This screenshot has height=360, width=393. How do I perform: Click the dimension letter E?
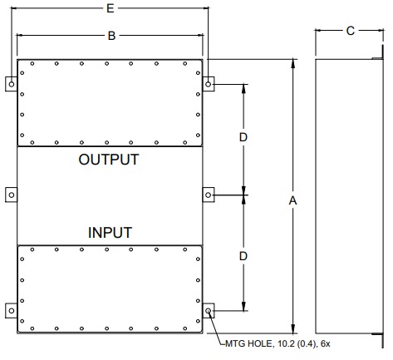click(x=111, y=8)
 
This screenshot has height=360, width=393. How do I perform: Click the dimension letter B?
click(x=111, y=36)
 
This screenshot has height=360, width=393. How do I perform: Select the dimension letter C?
click(x=351, y=31)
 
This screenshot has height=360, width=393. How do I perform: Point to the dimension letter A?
click(x=292, y=200)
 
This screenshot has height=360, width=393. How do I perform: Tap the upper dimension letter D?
click(x=243, y=137)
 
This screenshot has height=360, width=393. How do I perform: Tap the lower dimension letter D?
click(x=243, y=256)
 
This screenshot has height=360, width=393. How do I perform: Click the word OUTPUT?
click(x=109, y=160)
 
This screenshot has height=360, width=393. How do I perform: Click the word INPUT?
click(x=110, y=233)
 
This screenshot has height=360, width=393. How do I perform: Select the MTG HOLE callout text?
click(x=278, y=343)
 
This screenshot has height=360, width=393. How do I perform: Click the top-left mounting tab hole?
click(x=12, y=84)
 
